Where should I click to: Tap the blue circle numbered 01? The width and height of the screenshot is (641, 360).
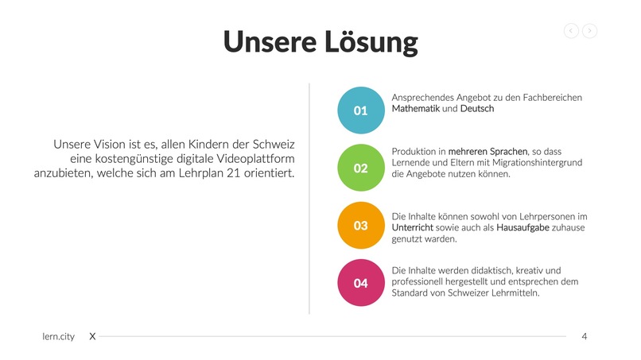(361, 110)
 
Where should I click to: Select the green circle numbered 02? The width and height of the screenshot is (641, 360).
(361, 168)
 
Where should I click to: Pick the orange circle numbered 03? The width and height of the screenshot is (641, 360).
(361, 226)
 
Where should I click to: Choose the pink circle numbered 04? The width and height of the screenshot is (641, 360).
(361, 283)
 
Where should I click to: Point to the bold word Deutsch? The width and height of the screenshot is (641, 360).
(477, 109)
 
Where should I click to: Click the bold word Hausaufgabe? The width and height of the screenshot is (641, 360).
(523, 227)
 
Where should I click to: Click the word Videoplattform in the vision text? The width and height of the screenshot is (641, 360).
(250, 159)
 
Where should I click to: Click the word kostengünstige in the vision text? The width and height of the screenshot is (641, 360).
(120, 159)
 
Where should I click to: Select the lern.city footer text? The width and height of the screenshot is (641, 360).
(58, 337)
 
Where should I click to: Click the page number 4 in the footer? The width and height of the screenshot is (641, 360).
(585, 337)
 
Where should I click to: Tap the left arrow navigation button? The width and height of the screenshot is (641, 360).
(571, 31)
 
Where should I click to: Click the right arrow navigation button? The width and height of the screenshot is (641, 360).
(589, 31)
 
